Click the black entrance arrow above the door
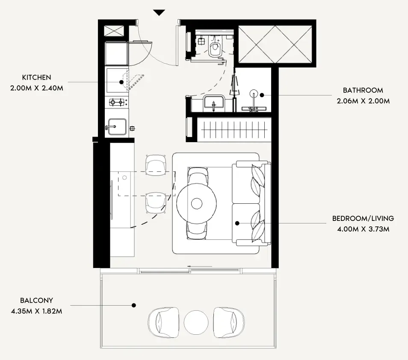pos(159,13)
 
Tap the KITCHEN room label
pos(36,77)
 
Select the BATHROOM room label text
pos(363,90)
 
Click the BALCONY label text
pos(36,300)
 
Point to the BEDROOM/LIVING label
pos(363,218)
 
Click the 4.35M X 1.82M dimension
pos(36,311)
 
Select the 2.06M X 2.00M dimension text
pos(363,101)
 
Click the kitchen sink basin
pos(117,127)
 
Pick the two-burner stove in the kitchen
pos(116,102)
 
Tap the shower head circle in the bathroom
pos(254,93)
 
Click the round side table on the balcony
pos(196,322)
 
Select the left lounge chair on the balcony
pos(164,322)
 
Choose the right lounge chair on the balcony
pos(229,322)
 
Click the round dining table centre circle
pos(197,203)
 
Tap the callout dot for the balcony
pos(134,305)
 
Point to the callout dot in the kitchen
pos(121,82)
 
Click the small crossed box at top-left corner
pos(114,31)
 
